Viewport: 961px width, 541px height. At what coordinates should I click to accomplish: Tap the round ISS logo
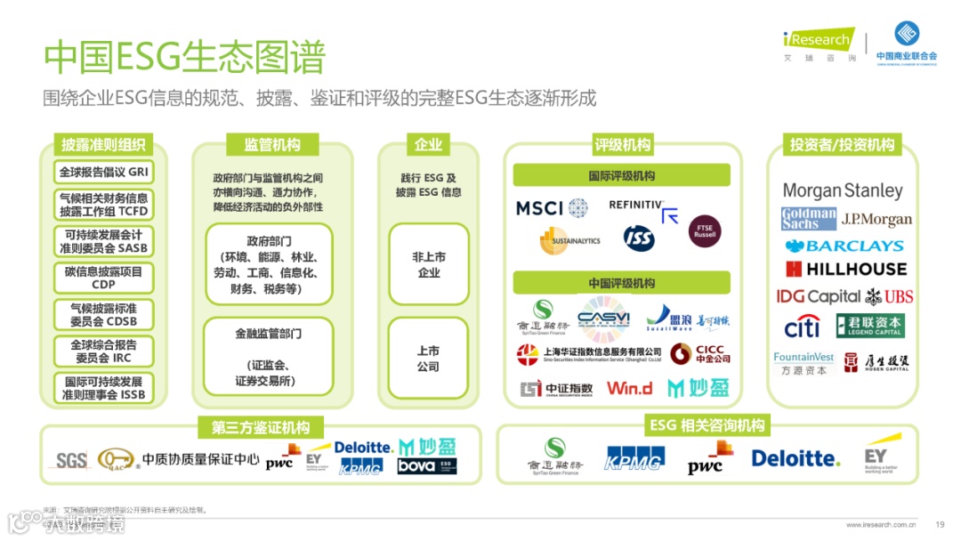[x=638, y=238]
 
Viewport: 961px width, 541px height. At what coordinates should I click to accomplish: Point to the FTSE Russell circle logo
[x=705, y=231]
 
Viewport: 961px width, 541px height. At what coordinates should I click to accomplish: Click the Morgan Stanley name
[x=842, y=190]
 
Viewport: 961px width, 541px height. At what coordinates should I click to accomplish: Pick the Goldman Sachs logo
[x=808, y=219]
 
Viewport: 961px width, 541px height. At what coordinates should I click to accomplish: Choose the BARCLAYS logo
[x=843, y=246]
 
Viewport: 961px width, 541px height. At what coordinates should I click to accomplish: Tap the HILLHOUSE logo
[x=845, y=269]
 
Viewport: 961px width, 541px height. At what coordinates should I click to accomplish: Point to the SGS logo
[x=71, y=461]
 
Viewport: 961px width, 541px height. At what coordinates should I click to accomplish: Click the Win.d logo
[x=629, y=388]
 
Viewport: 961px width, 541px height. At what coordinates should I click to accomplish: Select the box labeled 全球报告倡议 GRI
[x=103, y=172]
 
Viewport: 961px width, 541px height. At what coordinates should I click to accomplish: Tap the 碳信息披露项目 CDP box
[x=103, y=278]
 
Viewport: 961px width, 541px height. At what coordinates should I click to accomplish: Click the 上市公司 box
[x=428, y=359]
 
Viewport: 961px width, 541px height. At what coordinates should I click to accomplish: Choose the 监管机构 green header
[x=272, y=145]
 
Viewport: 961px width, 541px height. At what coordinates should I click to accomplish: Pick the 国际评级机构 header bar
[x=621, y=176]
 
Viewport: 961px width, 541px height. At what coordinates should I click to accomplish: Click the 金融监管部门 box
[x=268, y=358]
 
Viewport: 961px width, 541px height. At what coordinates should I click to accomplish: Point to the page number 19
[x=940, y=524]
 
